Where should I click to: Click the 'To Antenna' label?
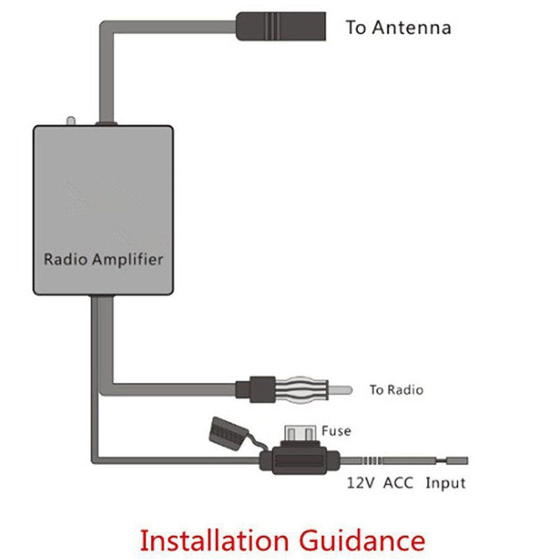(398, 28)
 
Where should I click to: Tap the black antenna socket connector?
(281, 27)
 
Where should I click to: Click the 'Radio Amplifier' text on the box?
(103, 259)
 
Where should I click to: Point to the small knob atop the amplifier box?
(70, 121)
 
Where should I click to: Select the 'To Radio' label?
(396, 390)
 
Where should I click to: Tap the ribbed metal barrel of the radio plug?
(303, 389)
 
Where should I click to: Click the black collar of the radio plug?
(256, 389)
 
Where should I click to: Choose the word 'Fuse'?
(336, 431)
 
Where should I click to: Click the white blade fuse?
(299, 432)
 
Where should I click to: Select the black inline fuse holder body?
(299, 460)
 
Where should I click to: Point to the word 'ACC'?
(398, 483)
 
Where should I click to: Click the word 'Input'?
(445, 483)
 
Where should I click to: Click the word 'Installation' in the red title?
(213, 539)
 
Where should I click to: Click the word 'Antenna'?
(411, 28)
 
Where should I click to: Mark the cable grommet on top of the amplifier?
(106, 123)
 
